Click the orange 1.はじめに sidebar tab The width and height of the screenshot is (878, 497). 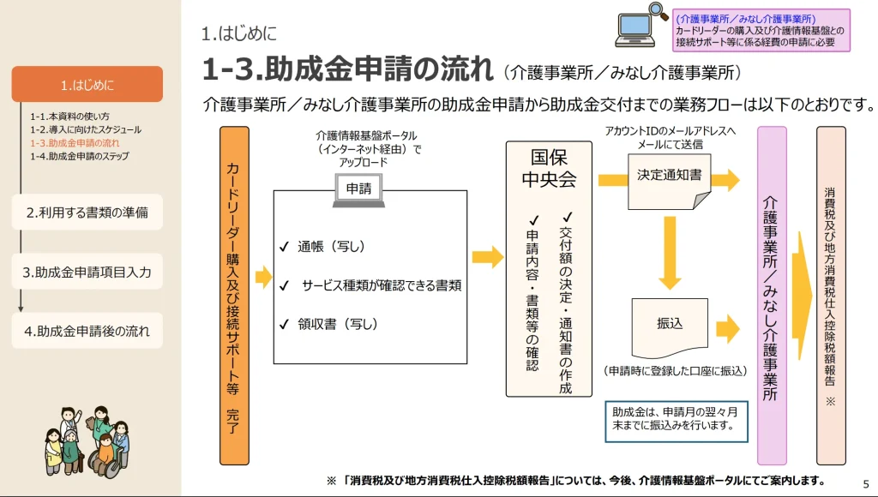pyautogui.click(x=87, y=84)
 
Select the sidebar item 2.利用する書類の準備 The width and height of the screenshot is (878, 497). pyautogui.click(x=87, y=213)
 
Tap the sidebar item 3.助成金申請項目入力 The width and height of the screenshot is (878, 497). pyautogui.click(x=87, y=272)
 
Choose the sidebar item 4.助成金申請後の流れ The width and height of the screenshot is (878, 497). pyautogui.click(x=87, y=331)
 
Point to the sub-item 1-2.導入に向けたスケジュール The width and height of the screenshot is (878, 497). pyautogui.click(x=86, y=129)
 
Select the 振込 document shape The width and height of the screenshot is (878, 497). pyautogui.click(x=670, y=325)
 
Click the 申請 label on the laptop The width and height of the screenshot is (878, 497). pyautogui.click(x=358, y=189)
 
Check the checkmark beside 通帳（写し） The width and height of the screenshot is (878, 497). pyautogui.click(x=284, y=247)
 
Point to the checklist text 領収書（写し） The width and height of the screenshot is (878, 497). pyautogui.click(x=338, y=324)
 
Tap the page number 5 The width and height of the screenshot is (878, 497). pyautogui.click(x=865, y=482)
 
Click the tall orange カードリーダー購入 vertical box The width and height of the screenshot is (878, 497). pyautogui.click(x=234, y=293)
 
